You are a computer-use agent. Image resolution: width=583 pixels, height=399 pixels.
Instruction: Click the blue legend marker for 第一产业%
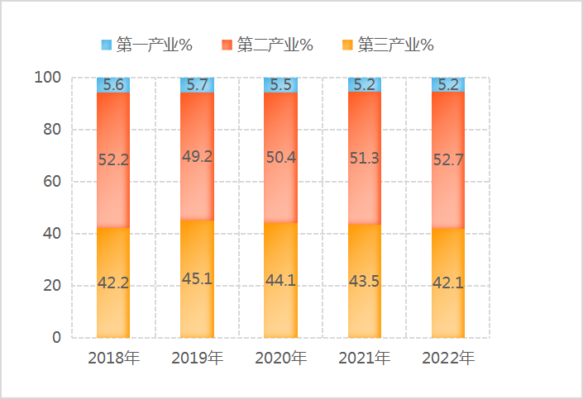pyautogui.click(x=106, y=44)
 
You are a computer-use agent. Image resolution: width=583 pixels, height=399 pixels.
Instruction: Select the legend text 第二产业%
pyautogui.click(x=275, y=45)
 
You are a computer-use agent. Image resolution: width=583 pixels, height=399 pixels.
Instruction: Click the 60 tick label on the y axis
pyautogui.click(x=52, y=182)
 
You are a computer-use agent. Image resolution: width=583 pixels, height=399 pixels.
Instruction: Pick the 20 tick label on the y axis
pyautogui.click(x=52, y=286)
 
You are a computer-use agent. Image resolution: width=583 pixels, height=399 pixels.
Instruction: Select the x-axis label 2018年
pyautogui.click(x=113, y=359)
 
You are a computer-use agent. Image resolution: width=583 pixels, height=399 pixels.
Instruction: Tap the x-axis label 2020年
pyautogui.click(x=280, y=359)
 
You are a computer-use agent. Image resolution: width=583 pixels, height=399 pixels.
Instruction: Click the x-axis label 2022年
pyautogui.click(x=448, y=359)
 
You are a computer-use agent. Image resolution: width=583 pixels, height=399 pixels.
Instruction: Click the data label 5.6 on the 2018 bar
pyautogui.click(x=113, y=84)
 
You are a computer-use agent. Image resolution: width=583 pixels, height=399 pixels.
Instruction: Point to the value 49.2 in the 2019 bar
pyautogui.click(x=197, y=156)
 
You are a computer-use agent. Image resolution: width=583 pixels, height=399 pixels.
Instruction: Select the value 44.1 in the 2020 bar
pyautogui.click(x=280, y=280)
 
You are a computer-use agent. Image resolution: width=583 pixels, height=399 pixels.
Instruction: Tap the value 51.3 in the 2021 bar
pyautogui.click(x=365, y=159)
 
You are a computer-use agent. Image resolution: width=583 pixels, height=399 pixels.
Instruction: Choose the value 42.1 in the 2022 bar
pyautogui.click(x=448, y=283)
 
